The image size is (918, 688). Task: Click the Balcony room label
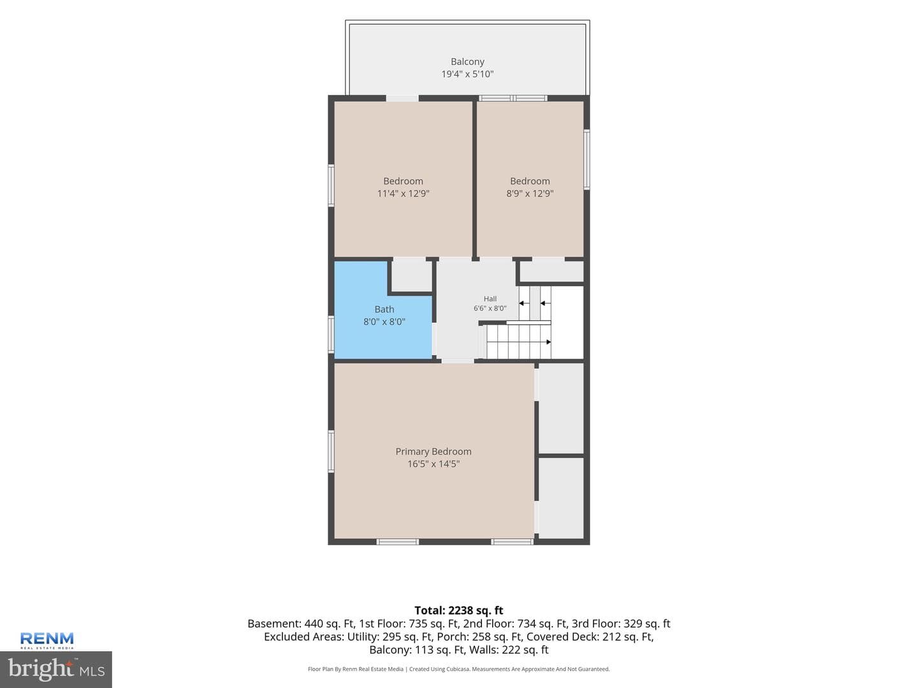tap(467, 61)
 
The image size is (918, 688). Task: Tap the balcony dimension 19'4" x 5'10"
tap(467, 74)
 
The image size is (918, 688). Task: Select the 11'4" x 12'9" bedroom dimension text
tap(403, 194)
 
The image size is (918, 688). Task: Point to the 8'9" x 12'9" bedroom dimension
tap(530, 194)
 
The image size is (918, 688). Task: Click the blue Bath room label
tap(384, 309)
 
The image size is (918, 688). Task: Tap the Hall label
tap(490, 299)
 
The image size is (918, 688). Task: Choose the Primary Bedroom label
tap(433, 451)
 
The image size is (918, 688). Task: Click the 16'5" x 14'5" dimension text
tap(433, 464)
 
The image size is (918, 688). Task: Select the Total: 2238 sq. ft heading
tap(459, 610)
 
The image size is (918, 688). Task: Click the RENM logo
tap(47, 640)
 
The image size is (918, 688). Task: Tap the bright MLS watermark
tap(56, 669)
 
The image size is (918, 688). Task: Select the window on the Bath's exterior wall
tap(331, 334)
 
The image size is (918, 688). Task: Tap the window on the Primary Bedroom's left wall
tap(331, 452)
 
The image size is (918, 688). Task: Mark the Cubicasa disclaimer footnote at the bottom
tap(459, 669)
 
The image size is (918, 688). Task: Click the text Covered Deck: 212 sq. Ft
tap(590, 636)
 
